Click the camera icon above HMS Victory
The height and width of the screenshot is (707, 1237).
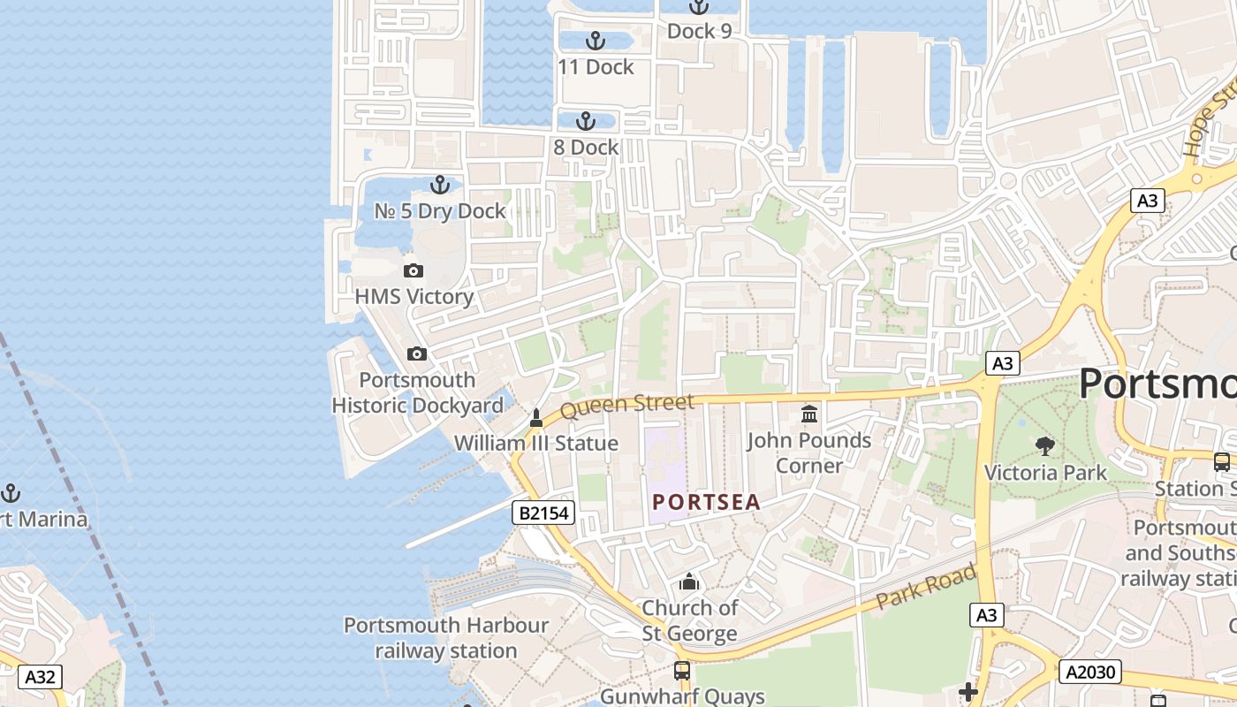coord(413,270)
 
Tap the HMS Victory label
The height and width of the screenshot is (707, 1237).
coord(414,297)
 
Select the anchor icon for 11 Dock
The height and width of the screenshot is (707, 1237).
coord(596,41)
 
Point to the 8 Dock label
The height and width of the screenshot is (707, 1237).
coord(586,148)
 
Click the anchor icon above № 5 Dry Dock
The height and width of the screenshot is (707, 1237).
coord(439,185)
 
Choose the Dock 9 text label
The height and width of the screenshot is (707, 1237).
coord(699,31)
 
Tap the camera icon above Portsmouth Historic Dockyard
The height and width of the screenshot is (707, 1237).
coord(417,354)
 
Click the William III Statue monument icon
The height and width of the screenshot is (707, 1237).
coord(535,417)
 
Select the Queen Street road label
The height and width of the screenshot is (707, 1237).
coord(626,407)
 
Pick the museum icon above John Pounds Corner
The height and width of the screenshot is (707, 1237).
coord(809,414)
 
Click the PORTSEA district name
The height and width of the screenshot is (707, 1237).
coord(706,502)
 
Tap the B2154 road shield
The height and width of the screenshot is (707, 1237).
coord(543,513)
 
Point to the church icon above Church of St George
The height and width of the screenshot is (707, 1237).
coord(689,582)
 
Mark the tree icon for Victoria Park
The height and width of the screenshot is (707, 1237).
coord(1045,446)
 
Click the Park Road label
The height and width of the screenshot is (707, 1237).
coord(926,587)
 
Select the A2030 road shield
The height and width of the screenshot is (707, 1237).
coord(1089,672)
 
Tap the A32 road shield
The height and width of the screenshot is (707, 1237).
coord(40,677)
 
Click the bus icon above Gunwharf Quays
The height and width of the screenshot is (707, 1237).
coord(682,670)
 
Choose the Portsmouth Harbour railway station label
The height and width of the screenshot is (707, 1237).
coord(446,638)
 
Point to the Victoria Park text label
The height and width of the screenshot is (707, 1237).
coord(1045,473)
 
